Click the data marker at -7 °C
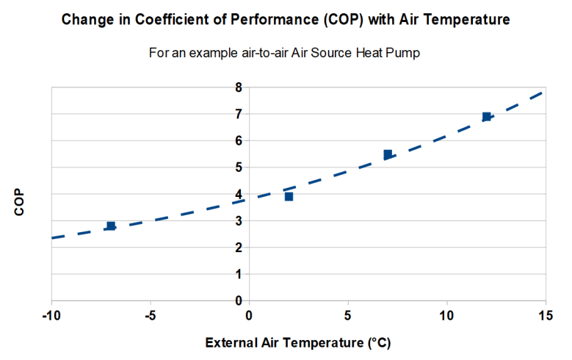tap(111, 226)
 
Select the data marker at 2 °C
tap(289, 196)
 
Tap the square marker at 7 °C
tap(388, 154)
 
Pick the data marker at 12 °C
tap(486, 117)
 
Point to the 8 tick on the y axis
tap(238, 87)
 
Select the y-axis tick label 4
tap(238, 194)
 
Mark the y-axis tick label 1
tap(238, 274)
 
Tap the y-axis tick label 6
tap(238, 140)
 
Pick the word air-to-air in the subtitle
tap(242, 54)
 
